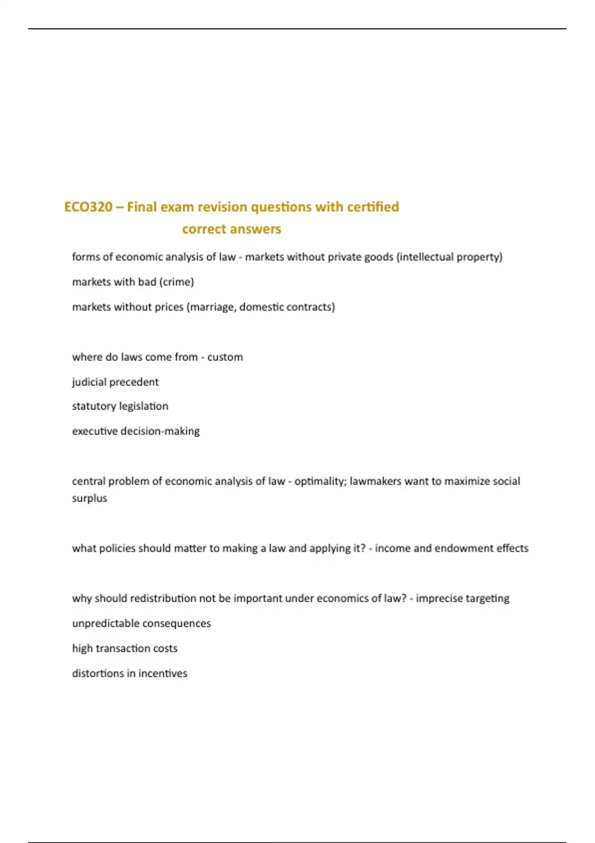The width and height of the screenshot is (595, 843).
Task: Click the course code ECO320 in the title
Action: tap(88, 207)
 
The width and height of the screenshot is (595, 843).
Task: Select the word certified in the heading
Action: tap(373, 207)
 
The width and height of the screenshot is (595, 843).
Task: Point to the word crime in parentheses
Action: tap(177, 282)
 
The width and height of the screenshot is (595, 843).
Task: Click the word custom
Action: tap(225, 357)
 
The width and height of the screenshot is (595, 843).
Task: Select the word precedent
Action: tap(134, 382)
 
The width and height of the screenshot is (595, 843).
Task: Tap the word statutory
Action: tap(94, 406)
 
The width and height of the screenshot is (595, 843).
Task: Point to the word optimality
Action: tap(320, 481)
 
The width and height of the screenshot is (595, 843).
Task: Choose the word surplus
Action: tap(89, 498)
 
